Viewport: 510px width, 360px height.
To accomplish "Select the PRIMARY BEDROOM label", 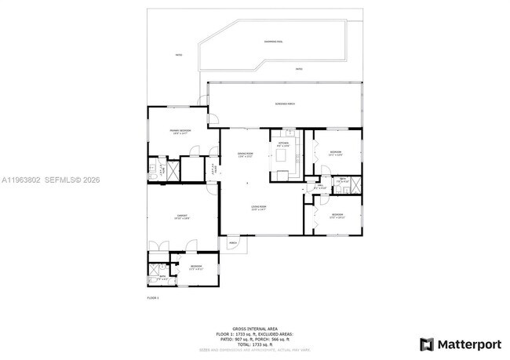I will coord(180,132).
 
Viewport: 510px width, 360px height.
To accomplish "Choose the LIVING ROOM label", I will coord(259,208).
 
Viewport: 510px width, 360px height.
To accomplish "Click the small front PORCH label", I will coord(233,244).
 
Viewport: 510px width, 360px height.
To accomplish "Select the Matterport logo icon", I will coord(427,344).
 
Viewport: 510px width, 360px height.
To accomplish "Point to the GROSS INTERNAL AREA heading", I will coord(255,327).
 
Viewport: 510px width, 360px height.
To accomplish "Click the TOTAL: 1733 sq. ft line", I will coord(255,344).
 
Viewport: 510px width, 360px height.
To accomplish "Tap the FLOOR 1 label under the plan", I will coord(153,298).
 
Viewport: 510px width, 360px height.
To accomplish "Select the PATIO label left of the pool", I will coord(178,55).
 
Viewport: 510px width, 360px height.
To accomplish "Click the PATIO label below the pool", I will coord(299,69).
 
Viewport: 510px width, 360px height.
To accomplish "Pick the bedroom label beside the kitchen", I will coord(335,153).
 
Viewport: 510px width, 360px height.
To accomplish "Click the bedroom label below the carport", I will coord(195,267).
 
